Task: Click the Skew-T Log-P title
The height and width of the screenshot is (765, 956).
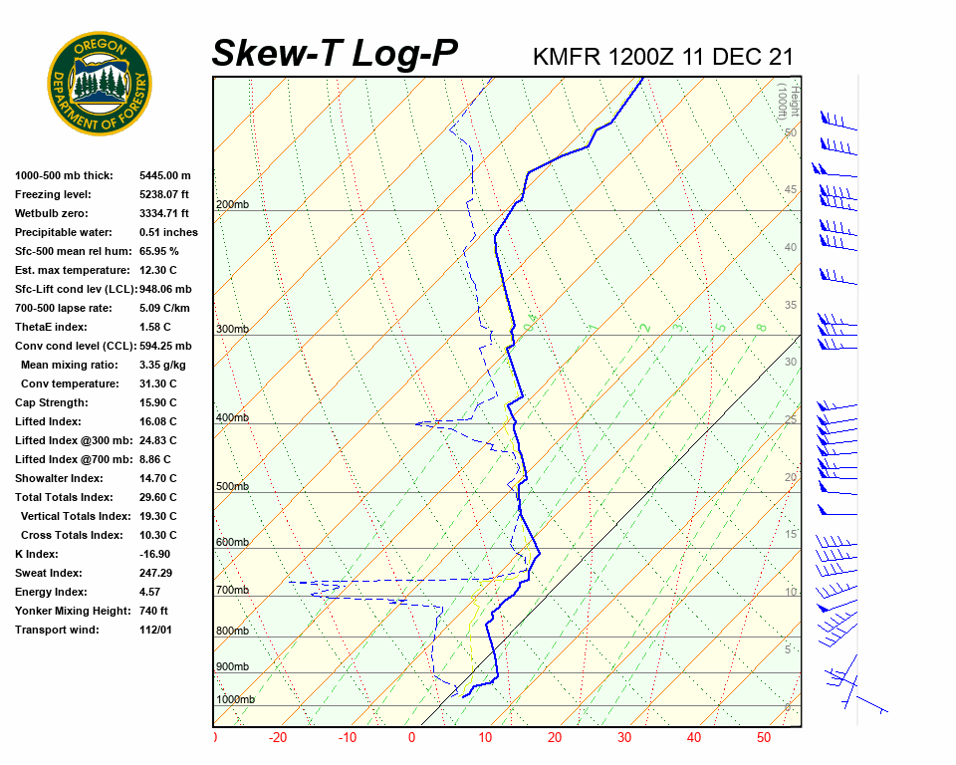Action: pyautogui.click(x=335, y=54)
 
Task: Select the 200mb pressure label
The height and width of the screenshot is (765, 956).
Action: pyautogui.click(x=232, y=205)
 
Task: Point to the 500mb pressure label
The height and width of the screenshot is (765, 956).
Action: pyautogui.click(x=232, y=487)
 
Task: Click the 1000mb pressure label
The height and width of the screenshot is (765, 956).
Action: pyautogui.click(x=235, y=699)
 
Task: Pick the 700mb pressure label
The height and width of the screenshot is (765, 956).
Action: pyautogui.click(x=232, y=591)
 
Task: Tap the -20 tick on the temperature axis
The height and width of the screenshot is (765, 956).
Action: pyautogui.click(x=278, y=738)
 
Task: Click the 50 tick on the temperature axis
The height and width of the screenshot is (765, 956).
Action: pyautogui.click(x=764, y=738)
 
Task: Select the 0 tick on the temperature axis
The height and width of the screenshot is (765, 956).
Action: pyautogui.click(x=411, y=738)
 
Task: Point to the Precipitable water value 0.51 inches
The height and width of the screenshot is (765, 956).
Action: pyautogui.click(x=168, y=232)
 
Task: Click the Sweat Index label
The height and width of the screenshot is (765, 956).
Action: pyautogui.click(x=49, y=573)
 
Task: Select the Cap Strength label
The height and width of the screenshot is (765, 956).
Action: pyautogui.click(x=52, y=402)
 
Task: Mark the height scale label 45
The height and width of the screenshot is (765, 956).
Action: pyautogui.click(x=791, y=190)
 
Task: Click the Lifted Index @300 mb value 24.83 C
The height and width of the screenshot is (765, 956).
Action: pyautogui.click(x=157, y=440)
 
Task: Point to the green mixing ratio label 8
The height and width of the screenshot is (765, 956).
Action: pyautogui.click(x=761, y=327)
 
